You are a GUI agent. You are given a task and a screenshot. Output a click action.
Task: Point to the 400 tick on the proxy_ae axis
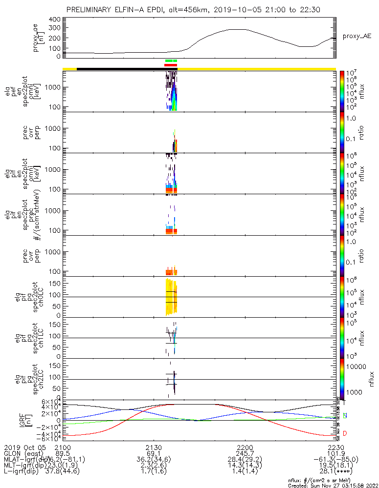[55, 20]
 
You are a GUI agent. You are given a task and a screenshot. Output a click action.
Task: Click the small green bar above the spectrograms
[171, 61]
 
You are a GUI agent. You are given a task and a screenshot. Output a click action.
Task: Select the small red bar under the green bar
[171, 64]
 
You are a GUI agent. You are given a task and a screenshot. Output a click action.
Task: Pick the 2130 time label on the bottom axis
[154, 447]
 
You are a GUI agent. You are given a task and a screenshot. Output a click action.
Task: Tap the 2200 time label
[245, 447]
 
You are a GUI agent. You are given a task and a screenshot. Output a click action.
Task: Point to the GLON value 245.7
[245, 453]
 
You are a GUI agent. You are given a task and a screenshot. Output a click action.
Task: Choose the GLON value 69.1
[154, 453]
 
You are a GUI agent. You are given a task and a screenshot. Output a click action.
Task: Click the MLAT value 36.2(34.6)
[154, 459]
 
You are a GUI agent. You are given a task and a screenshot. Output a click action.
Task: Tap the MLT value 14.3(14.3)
[245, 465]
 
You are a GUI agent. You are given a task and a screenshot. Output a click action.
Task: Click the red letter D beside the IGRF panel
[346, 433]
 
